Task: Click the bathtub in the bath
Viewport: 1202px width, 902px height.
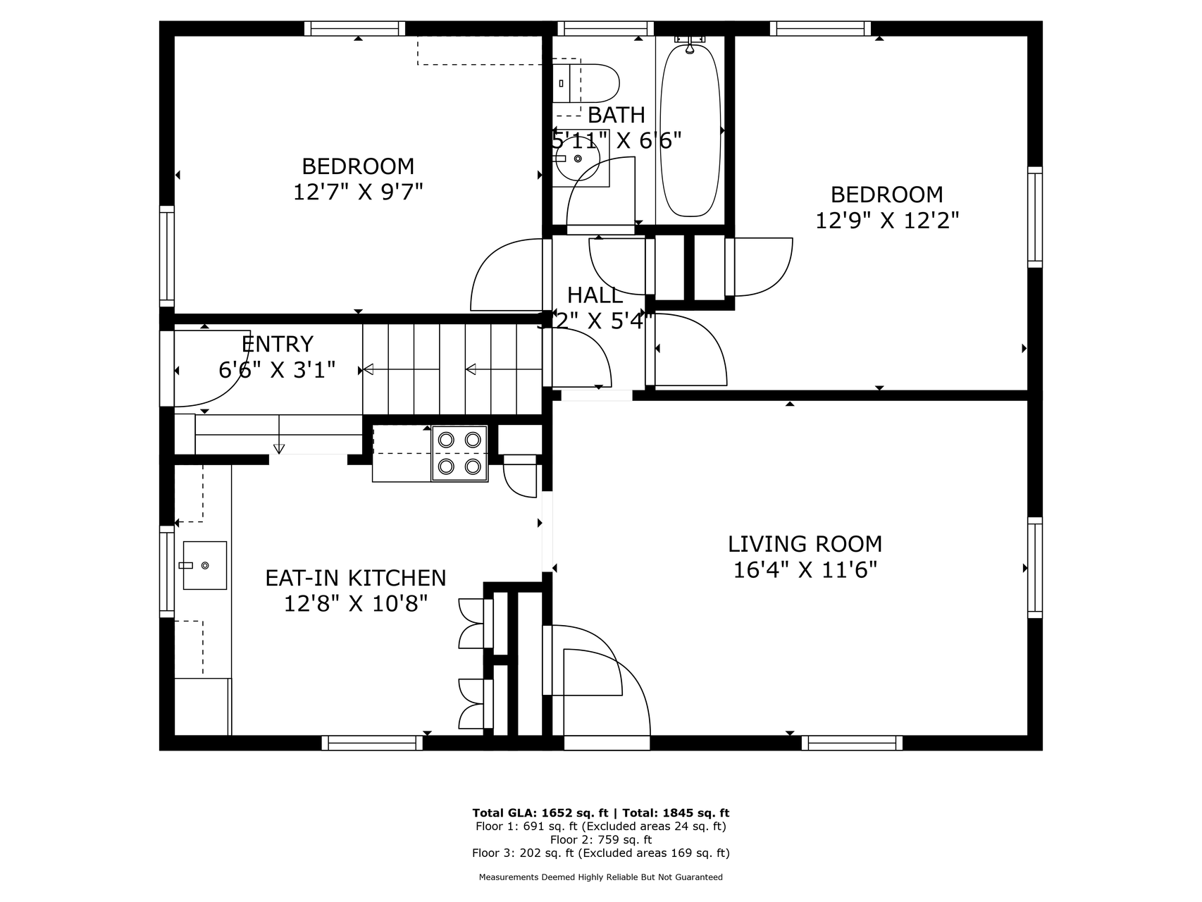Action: pyautogui.click(x=690, y=130)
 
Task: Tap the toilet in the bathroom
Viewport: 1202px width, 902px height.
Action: pyautogui.click(x=585, y=83)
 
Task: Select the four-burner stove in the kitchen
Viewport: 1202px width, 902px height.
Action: pyautogui.click(x=459, y=453)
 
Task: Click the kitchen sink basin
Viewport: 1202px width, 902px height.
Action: pyautogui.click(x=204, y=565)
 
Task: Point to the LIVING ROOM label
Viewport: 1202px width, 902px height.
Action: pyautogui.click(x=805, y=544)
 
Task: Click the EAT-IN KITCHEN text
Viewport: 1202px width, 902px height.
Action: pyautogui.click(x=356, y=578)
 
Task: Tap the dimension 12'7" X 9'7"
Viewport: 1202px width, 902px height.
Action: pyautogui.click(x=358, y=192)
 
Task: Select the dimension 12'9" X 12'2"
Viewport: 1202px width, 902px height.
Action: pyautogui.click(x=887, y=221)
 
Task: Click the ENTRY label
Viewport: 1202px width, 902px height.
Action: pyautogui.click(x=277, y=344)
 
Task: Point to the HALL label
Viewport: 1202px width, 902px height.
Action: pyautogui.click(x=595, y=295)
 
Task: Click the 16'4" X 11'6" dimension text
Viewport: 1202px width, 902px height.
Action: pyautogui.click(x=805, y=569)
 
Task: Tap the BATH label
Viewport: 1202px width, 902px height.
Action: pyautogui.click(x=617, y=115)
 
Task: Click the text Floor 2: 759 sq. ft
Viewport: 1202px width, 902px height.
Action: pyautogui.click(x=600, y=839)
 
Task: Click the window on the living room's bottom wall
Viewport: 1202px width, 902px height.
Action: pyautogui.click(x=852, y=743)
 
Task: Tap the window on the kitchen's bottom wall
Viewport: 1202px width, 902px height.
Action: pyautogui.click(x=373, y=743)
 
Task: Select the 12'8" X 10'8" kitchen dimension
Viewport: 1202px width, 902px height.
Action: pyautogui.click(x=356, y=604)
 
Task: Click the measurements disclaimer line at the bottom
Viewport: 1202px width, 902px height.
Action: pyautogui.click(x=601, y=877)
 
